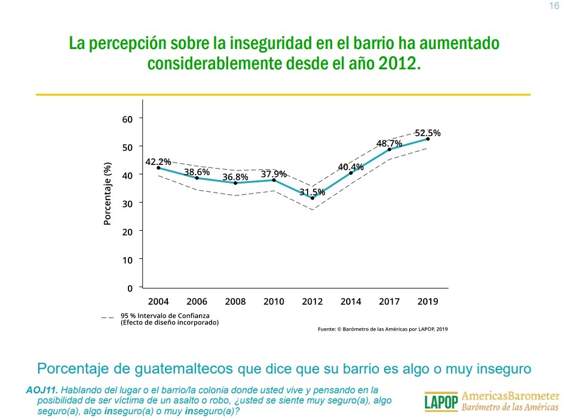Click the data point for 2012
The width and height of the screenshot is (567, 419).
pyautogui.click(x=312, y=198)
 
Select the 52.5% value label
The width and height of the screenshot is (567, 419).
pyautogui.click(x=428, y=133)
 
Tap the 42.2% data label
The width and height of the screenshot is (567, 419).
pyautogui.click(x=158, y=161)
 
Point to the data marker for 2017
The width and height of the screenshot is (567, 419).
pyautogui.click(x=390, y=149)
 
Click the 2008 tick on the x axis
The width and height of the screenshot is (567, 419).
pyautogui.click(x=235, y=302)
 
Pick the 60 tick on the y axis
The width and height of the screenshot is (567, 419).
pyautogui.click(x=127, y=119)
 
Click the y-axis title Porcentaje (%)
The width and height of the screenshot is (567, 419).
pyautogui.click(x=108, y=194)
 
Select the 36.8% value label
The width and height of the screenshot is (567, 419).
pyautogui.click(x=235, y=178)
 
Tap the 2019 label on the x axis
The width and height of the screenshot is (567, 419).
pyautogui.click(x=428, y=302)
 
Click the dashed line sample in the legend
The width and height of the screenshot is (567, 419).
pyautogui.click(x=108, y=318)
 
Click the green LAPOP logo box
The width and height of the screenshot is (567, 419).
pyautogui.click(x=441, y=402)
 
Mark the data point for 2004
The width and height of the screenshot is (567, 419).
pyautogui.click(x=158, y=168)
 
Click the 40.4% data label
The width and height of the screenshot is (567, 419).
pyautogui.click(x=351, y=167)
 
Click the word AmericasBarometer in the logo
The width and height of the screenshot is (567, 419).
pyautogui.click(x=511, y=396)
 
